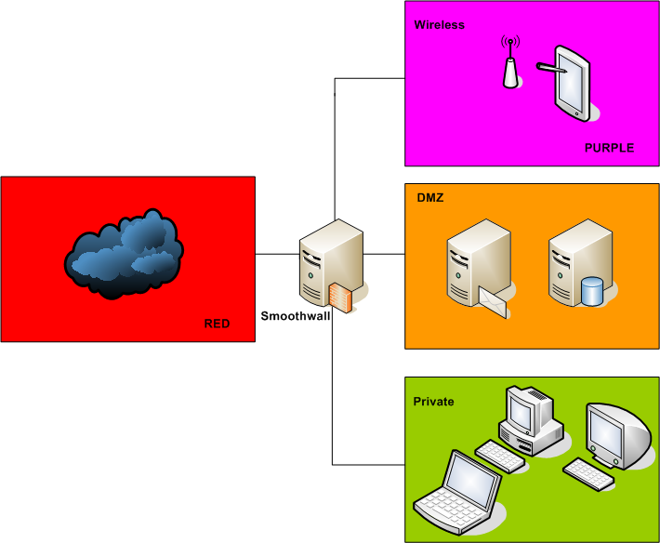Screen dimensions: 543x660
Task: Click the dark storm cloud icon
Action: pos(124,255)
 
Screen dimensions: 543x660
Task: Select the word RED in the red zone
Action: pos(217,324)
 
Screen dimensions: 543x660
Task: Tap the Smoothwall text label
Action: pos(294,316)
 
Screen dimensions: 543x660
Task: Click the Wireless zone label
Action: pos(439,25)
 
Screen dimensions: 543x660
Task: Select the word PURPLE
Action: pos(609,148)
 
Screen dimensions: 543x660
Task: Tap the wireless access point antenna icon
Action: pos(510,64)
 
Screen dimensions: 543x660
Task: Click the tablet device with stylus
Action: pos(569,82)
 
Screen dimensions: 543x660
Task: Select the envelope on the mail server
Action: pos(495,301)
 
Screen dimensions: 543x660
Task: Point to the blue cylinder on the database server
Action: pos(592,291)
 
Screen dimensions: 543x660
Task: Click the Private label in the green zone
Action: pos(433,402)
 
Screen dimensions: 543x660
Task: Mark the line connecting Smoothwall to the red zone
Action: pos(276,254)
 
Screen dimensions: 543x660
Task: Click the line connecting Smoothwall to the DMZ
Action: pos(384,254)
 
